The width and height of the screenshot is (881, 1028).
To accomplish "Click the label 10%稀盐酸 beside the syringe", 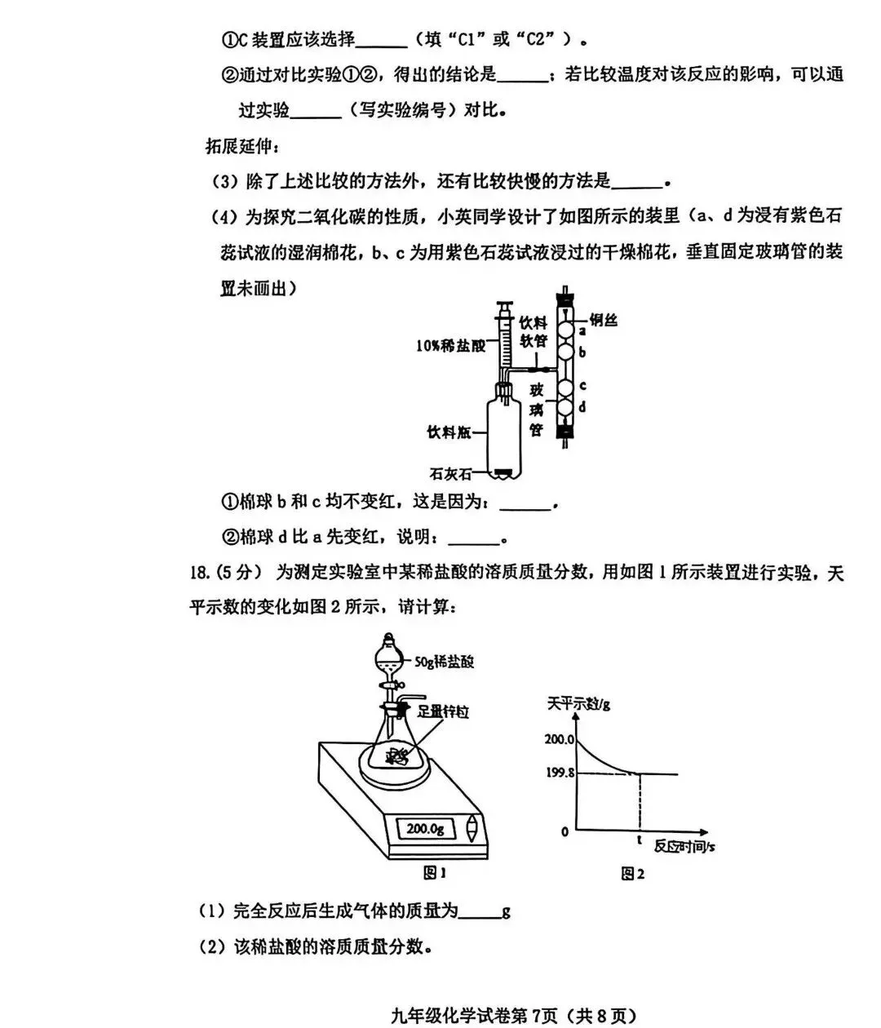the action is pyautogui.click(x=450, y=345).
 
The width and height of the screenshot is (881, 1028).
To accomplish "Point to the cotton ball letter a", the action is pyautogui.click(x=582, y=332).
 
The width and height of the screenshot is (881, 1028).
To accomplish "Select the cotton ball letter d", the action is pyautogui.click(x=582, y=406).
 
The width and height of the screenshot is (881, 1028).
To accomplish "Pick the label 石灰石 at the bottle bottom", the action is pyautogui.click(x=450, y=473).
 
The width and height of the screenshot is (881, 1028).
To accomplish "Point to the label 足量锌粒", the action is pyautogui.click(x=443, y=711).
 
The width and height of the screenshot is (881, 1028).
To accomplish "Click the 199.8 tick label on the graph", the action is pyautogui.click(x=560, y=773).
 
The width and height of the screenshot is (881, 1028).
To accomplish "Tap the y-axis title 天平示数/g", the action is pyautogui.click(x=578, y=704).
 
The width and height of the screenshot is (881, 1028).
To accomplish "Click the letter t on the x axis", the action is pyautogui.click(x=639, y=839).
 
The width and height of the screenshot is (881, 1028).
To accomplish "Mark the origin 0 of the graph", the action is pyautogui.click(x=564, y=832).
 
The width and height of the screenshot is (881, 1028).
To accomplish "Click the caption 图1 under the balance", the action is pyautogui.click(x=435, y=874).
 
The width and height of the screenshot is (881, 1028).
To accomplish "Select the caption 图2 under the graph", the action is pyautogui.click(x=632, y=874).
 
